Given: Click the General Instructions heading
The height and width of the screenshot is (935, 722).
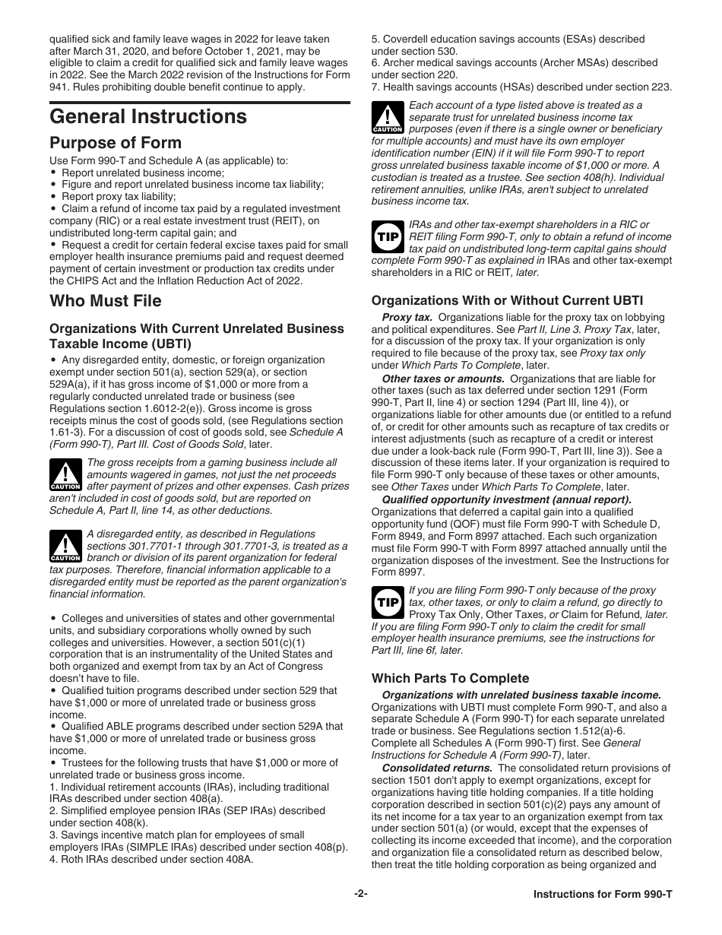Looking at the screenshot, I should tap(148, 116).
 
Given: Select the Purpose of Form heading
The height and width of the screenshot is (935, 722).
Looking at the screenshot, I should tap(116, 143).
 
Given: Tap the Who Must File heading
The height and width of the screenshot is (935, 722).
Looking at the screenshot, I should tap(106, 301).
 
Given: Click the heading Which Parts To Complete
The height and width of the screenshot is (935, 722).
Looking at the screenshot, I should tap(450, 678).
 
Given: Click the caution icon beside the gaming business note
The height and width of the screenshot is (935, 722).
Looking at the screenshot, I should tap(65, 474).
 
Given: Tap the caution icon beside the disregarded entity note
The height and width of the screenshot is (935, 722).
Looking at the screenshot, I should tap(65, 546).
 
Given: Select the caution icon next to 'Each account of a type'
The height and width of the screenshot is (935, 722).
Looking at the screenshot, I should tap(388, 118).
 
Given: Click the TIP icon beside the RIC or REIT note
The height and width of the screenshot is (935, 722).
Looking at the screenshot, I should tap(388, 236).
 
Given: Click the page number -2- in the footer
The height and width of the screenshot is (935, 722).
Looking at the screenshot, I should tap(361, 895).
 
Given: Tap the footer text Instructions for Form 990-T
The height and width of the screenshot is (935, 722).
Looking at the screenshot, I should tap(603, 895).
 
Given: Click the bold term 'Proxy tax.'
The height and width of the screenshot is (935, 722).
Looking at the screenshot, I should tap(407, 317).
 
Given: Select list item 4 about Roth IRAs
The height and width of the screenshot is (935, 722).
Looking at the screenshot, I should tap(151, 860).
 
